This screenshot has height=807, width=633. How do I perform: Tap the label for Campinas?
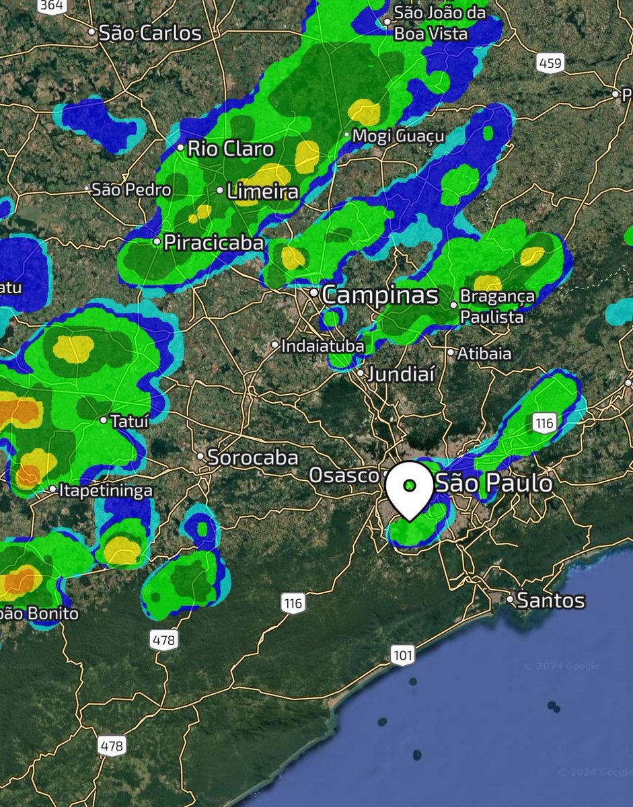tap(380, 295)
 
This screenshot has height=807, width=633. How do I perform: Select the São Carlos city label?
tap(149, 33)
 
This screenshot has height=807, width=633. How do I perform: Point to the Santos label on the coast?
tap(551, 600)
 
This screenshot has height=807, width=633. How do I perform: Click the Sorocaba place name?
tap(253, 458)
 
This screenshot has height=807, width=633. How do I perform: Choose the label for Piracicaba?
tap(213, 243)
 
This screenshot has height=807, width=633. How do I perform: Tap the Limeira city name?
tap(262, 192)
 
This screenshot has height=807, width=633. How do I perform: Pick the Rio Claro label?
tap(230, 149)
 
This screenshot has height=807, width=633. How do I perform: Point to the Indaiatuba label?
tap(323, 346)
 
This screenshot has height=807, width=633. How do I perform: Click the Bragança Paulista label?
tap(497, 306)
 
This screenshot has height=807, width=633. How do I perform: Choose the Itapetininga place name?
tap(106, 491)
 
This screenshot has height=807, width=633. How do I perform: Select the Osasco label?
tap(343, 475)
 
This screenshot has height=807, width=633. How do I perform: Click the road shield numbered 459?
tap(550, 63)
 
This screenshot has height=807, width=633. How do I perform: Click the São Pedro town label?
tap(131, 190)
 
